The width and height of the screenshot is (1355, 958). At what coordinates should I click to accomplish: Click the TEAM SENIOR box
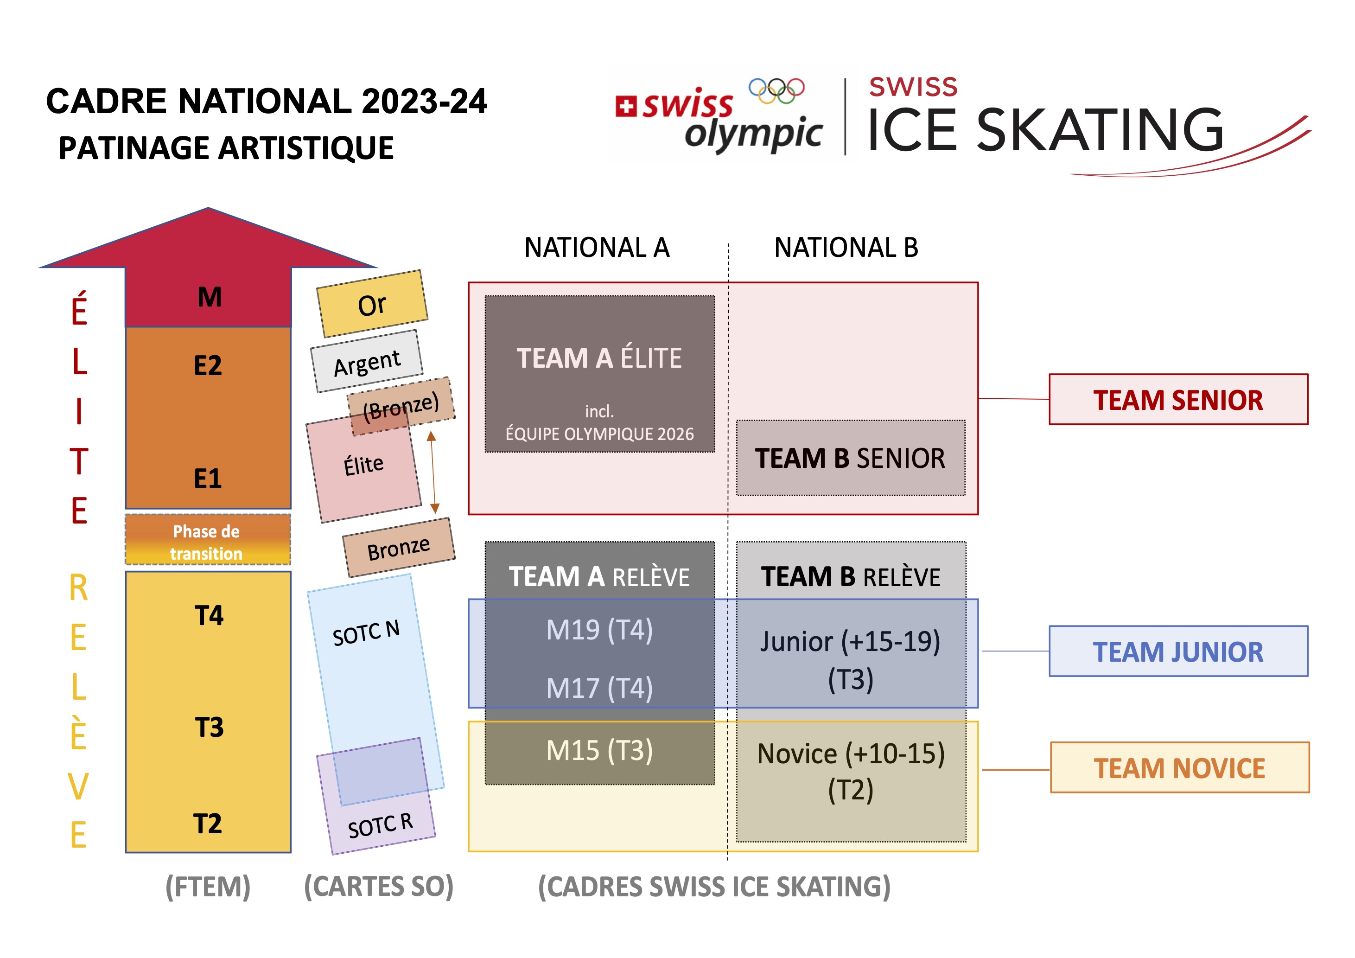click(x=1178, y=399)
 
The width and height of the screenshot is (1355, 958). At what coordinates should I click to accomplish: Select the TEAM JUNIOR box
click(x=1178, y=651)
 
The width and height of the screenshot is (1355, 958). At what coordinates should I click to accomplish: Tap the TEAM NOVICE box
click(x=1180, y=767)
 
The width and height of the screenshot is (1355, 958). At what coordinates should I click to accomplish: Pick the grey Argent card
click(x=367, y=361)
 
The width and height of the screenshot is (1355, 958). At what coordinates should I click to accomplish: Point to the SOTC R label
click(x=380, y=825)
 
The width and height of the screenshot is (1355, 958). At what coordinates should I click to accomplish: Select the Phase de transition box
click(x=208, y=539)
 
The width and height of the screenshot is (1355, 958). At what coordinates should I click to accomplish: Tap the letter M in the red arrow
click(x=210, y=297)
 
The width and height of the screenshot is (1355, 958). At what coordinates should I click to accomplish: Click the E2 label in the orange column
click(x=208, y=365)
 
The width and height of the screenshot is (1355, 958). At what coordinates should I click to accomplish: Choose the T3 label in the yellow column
click(x=209, y=727)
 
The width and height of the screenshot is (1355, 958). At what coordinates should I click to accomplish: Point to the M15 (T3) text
click(x=599, y=751)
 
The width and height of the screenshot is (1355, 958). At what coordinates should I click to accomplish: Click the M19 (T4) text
click(x=599, y=630)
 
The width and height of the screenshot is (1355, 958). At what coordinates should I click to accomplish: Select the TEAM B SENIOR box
click(x=851, y=458)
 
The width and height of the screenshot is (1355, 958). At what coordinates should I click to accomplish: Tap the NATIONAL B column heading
click(x=846, y=247)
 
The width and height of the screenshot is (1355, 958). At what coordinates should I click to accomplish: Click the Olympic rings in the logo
click(x=776, y=91)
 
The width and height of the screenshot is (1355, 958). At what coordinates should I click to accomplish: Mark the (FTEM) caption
click(x=208, y=887)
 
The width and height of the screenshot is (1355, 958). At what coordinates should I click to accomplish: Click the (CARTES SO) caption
click(x=379, y=887)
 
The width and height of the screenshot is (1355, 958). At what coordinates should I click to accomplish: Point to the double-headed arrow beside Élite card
click(x=433, y=472)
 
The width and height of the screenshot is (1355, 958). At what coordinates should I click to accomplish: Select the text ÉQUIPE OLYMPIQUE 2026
click(x=599, y=434)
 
